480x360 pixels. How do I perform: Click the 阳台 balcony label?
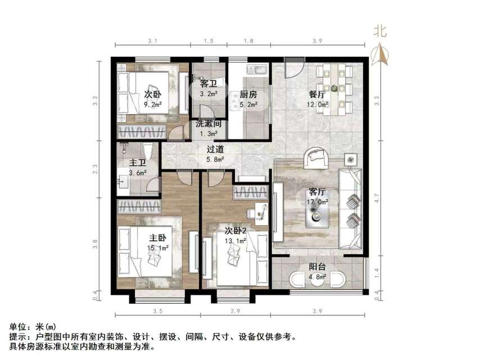tap(318, 267)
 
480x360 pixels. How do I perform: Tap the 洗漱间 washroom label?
tap(209, 124)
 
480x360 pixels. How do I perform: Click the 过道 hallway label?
tap(215, 150)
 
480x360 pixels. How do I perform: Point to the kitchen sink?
tap(260, 71)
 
